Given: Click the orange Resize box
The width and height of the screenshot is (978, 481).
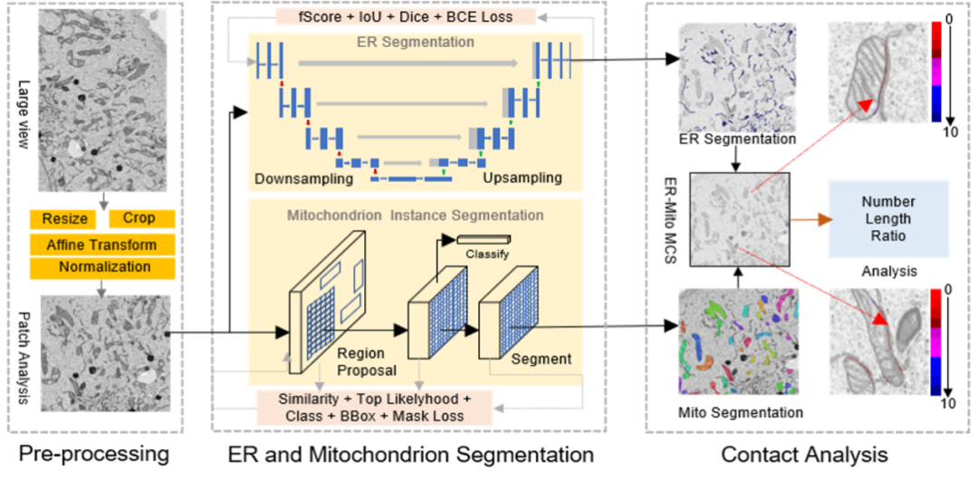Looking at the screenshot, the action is coord(63,219).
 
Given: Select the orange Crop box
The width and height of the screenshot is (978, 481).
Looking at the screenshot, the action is coord(142,219).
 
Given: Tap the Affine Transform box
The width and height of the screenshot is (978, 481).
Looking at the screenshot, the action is coord(102,245).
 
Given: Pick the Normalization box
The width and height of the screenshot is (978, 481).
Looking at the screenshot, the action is coord(102,267).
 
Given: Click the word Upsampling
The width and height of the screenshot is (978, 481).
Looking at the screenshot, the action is coord(523,178).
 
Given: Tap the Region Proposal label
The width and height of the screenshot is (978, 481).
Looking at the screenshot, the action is coord(367,361).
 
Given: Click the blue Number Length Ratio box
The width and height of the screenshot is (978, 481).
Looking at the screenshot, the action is coord(889,219).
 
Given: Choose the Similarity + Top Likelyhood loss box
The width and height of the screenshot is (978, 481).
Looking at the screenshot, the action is coord(375,408).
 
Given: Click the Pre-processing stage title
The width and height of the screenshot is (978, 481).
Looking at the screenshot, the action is coord(94,454).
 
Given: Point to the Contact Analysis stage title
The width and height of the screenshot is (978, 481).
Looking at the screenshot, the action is coord(805,454).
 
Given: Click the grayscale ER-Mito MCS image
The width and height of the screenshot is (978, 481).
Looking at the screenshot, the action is coord(740,219).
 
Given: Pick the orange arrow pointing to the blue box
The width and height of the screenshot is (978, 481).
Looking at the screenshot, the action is coord(810,219).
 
